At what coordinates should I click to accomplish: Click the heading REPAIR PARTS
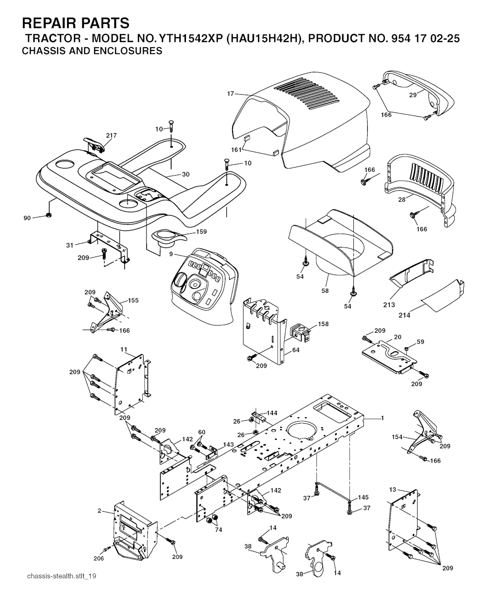(x=76, y=23)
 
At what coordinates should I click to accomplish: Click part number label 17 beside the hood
(x=231, y=94)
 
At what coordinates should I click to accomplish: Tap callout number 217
(x=111, y=136)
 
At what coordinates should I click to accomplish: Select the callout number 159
(x=202, y=232)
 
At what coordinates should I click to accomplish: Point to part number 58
(x=325, y=291)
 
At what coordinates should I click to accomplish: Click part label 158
(x=323, y=324)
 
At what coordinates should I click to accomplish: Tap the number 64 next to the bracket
(x=296, y=350)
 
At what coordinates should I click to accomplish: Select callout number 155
(x=133, y=300)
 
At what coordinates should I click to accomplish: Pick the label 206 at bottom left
(x=98, y=558)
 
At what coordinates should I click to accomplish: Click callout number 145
(x=363, y=497)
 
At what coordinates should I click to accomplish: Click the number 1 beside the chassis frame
(x=382, y=418)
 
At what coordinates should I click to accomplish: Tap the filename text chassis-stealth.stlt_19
(x=62, y=576)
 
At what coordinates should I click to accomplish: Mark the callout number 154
(x=397, y=437)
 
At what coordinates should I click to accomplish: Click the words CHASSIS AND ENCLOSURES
(x=92, y=51)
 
